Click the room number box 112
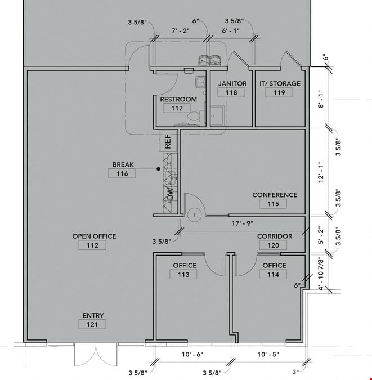[x=92, y=245]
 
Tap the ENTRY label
[x=93, y=315]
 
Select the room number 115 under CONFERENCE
[x=273, y=204]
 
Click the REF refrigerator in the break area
[x=168, y=141]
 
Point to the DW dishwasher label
[x=171, y=194]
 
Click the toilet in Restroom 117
[x=196, y=116]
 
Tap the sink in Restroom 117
[x=200, y=82]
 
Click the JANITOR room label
[x=232, y=83]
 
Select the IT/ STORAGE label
[x=280, y=83]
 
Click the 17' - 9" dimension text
[x=242, y=223]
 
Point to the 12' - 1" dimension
[x=321, y=172]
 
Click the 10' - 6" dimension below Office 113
[x=192, y=354]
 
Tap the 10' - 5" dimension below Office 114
[x=268, y=354]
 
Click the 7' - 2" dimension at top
[x=181, y=31]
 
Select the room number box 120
[x=273, y=245]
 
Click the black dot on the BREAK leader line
[x=158, y=169]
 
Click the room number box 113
[x=183, y=275]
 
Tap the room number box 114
[x=273, y=275]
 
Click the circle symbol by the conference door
[x=195, y=214]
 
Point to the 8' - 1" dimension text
[x=321, y=99]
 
